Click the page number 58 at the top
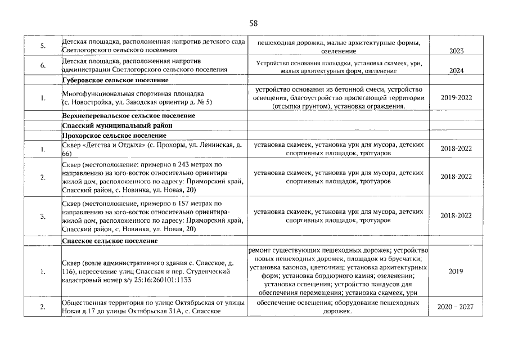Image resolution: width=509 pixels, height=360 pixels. click(x=254, y=23)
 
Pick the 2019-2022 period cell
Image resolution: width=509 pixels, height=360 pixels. click(x=456, y=97)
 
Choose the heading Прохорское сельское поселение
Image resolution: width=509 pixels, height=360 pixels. click(x=114, y=136)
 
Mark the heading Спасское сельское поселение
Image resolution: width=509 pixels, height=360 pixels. click(x=110, y=241)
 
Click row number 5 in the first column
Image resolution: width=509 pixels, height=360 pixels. click(x=43, y=46)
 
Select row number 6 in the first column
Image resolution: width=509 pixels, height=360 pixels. click(x=43, y=65)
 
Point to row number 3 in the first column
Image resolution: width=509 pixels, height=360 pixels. click(x=43, y=215)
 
